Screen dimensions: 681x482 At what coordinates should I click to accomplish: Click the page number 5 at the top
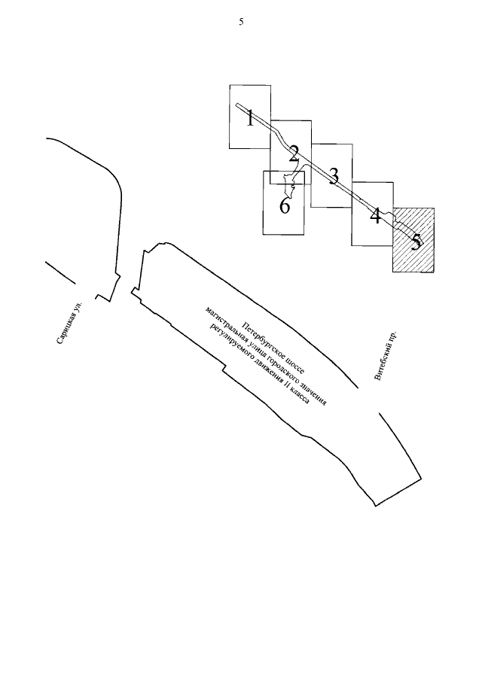[x=241, y=23]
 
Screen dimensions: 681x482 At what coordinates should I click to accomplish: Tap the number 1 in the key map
[x=250, y=118]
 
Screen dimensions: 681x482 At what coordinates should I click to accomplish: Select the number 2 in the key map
[x=294, y=154]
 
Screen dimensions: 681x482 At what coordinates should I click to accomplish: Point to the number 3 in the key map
[x=333, y=175]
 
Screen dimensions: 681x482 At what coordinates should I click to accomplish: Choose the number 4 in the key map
[x=374, y=217]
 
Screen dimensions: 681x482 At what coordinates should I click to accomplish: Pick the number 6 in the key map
[x=285, y=205]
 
